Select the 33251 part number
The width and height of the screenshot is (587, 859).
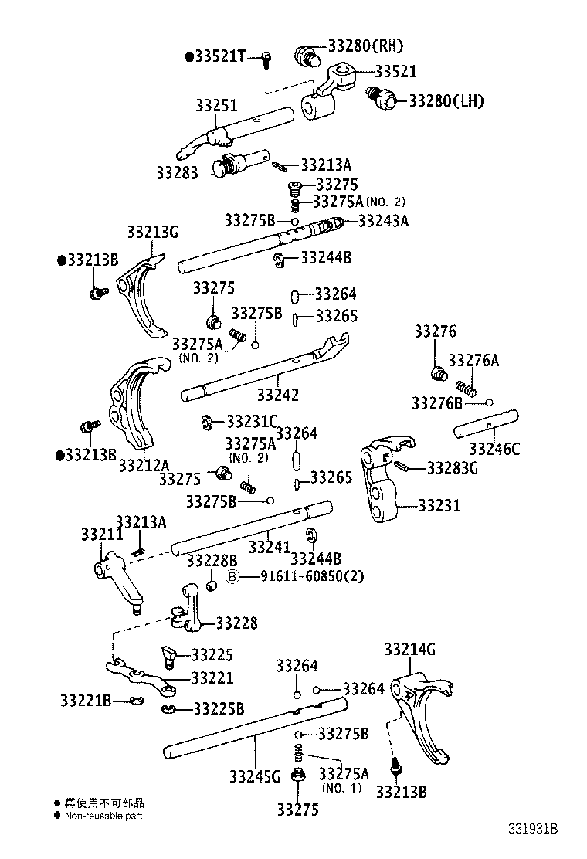pyautogui.click(x=215, y=106)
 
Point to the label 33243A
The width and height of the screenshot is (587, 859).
pyautogui.click(x=383, y=221)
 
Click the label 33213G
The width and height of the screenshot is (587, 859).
pyautogui.click(x=153, y=231)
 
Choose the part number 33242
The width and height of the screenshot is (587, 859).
pyautogui.click(x=278, y=394)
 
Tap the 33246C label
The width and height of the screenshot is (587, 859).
pyautogui.click(x=494, y=449)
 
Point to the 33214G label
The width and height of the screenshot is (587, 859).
pyautogui.click(x=409, y=650)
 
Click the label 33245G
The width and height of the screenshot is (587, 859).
pyautogui.click(x=255, y=776)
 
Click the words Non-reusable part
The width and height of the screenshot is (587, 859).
pyautogui.click(x=103, y=816)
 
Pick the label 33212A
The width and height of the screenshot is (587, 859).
pyautogui.click(x=144, y=465)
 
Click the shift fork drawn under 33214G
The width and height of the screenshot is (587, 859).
pyautogui.click(x=423, y=715)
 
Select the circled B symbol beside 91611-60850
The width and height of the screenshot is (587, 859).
pyautogui.click(x=231, y=576)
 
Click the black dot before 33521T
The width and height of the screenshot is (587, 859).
pyautogui.click(x=189, y=56)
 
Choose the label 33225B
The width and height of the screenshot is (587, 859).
pyautogui.click(x=219, y=709)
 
